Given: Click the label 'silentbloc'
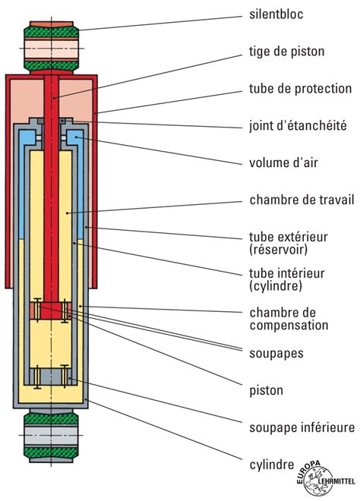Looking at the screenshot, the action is tap(276, 14).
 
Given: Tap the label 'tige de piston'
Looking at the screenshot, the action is tap(287, 52).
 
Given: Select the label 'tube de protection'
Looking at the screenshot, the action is tap(301, 89).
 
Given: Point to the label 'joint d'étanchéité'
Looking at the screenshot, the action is tap(298, 125).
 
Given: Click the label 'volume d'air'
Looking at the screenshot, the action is tap(283, 162).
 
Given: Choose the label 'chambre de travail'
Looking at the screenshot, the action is tap(302, 200).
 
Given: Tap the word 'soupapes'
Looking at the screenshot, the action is tap(276, 354).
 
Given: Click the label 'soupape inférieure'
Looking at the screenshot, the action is tap(302, 427).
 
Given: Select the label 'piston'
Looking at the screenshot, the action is tap(266, 391).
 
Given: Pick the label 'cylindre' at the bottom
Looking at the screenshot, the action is tap(271, 465).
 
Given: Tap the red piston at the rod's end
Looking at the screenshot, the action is tap(51, 310).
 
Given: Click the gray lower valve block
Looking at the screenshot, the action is tap(51, 377).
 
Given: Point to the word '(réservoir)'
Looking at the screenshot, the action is tap(278, 249).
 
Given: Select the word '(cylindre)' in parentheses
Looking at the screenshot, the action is tap(276, 285).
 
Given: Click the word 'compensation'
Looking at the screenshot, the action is tap(289, 325).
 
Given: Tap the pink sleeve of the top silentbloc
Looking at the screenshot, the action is tap(51, 49).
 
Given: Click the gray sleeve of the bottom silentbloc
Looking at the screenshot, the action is tap(51, 435).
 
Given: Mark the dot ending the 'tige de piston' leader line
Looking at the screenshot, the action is tap(55, 98).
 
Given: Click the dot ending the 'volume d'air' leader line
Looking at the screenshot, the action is tap(76, 137).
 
